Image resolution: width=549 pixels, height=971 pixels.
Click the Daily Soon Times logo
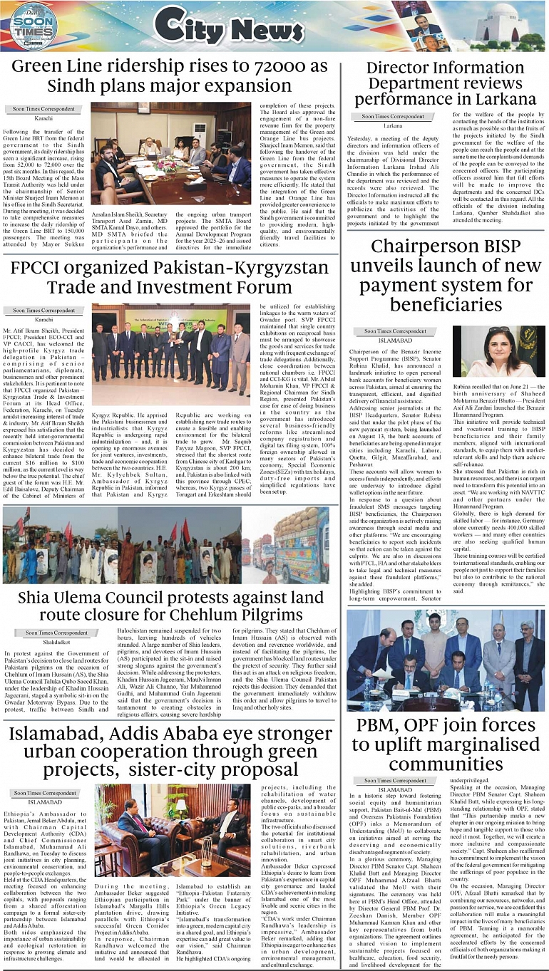tap(34, 27)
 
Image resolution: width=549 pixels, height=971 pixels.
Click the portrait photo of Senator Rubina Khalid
tap(498, 351)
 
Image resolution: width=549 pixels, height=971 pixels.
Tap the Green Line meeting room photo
tap(170, 153)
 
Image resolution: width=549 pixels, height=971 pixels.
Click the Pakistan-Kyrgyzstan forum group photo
tap(170, 353)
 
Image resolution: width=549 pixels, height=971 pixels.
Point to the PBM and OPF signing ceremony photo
tap(446, 660)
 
